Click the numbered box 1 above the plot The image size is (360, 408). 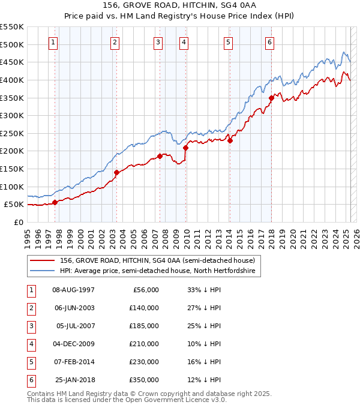point(54,42)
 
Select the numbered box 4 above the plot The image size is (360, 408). point(183,42)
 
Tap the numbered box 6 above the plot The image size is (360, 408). point(270,42)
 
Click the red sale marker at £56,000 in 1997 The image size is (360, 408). point(55,202)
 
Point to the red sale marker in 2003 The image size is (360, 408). point(116,172)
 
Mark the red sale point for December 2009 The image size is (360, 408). point(185,148)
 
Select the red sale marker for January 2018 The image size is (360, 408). point(271,98)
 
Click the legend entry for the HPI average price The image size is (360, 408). point(157,271)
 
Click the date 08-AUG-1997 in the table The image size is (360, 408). point(74,290)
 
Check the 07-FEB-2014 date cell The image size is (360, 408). point(74,362)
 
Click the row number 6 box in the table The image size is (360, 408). point(30,380)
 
